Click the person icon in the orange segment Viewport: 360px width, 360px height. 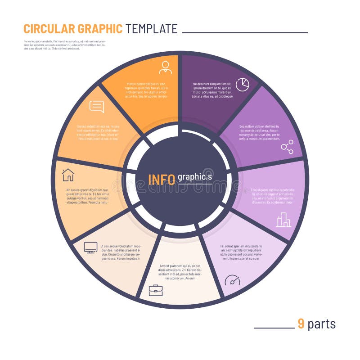pyautogui.click(x=165, y=67)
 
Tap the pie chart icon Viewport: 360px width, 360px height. pyautogui.click(x=243, y=84)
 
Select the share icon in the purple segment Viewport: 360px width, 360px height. pyautogui.click(x=287, y=147)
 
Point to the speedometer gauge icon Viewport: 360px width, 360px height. pyautogui.click(x=232, y=280)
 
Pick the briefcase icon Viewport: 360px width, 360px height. pyautogui.click(x=156, y=290)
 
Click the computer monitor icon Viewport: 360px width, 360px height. pyautogui.click(x=91, y=247)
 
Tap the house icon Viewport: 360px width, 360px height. pyautogui.click(x=68, y=174)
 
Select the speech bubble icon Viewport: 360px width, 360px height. pyautogui.click(x=97, y=107)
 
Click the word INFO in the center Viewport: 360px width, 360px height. pyautogui.click(x=162, y=179)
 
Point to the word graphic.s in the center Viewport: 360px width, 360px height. pyautogui.click(x=194, y=177)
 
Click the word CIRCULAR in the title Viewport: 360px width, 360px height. pyautogui.click(x=49, y=29)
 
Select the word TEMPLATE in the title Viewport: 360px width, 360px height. pyautogui.click(x=152, y=29)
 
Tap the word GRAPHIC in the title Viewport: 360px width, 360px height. pyautogui.click(x=100, y=29)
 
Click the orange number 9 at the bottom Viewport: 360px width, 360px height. pyautogui.click(x=301, y=324)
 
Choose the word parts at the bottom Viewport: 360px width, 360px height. pyautogui.click(x=321, y=324)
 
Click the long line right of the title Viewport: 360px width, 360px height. pyautogui.click(x=245, y=32)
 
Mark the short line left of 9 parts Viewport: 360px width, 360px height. pyautogui.click(x=274, y=328)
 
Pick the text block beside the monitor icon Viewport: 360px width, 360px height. pyautogui.click(x=121, y=252)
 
